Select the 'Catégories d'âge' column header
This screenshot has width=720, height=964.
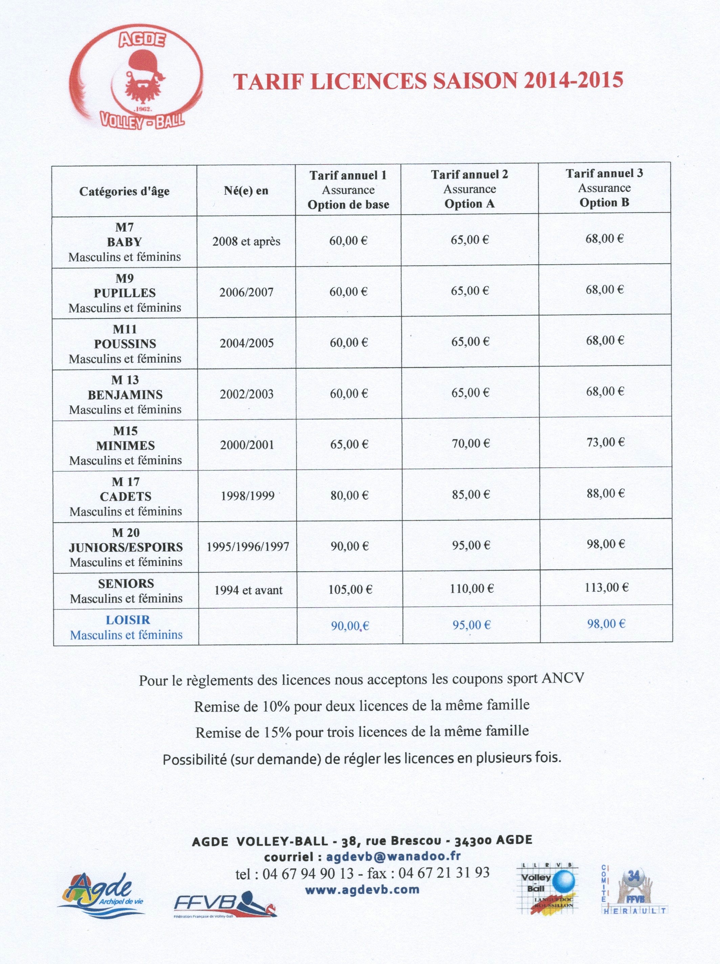124,191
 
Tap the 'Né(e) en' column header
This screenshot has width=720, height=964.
246,191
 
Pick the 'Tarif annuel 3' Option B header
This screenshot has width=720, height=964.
604,188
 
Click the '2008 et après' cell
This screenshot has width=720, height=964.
246,241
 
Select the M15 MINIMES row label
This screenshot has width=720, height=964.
126,445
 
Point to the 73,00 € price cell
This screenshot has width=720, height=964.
605,442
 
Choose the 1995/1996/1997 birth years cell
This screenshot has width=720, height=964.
247,547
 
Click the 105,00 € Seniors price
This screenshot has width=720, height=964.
350,590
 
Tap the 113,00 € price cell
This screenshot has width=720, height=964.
606,588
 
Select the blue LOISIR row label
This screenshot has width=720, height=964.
128,620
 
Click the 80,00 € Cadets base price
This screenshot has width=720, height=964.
349,495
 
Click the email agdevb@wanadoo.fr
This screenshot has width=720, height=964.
393,856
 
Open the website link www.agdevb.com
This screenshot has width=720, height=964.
362,889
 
